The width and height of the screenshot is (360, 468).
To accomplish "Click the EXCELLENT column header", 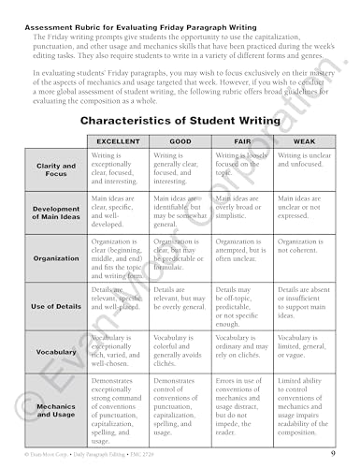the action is tap(119, 139).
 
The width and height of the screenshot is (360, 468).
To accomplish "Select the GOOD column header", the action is tap(181, 139).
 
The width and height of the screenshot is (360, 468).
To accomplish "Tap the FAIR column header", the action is tap(243, 139).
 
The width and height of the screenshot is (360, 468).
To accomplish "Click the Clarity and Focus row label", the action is tap(55, 169).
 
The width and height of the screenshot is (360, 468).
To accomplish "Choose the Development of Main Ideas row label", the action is tap(55, 213).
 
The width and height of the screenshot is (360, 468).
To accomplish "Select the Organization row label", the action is tap(55, 258).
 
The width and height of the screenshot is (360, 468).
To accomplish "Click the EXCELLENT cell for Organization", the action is tap(119, 258).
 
